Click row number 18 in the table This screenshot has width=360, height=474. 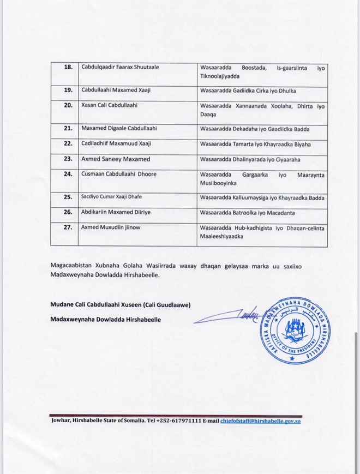click(x=69, y=67)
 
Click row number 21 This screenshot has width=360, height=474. click(x=69, y=128)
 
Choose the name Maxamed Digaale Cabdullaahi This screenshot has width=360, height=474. click(x=119, y=128)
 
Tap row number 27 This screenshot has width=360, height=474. click(x=69, y=227)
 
